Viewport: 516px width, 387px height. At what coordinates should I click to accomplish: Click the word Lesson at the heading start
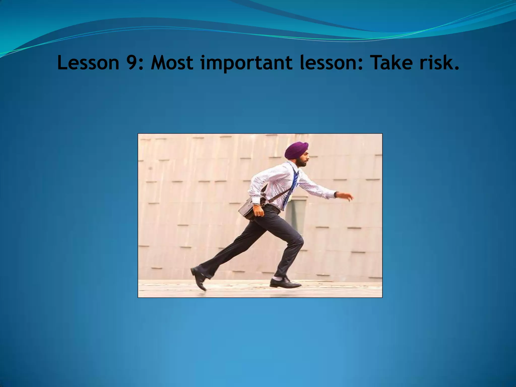(x=88, y=63)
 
